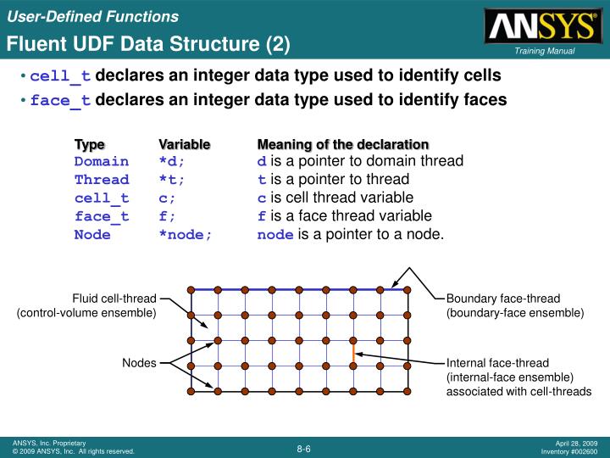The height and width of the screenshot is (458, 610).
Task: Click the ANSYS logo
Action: pos(540,26)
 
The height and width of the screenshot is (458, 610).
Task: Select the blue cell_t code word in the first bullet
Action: pos(60,76)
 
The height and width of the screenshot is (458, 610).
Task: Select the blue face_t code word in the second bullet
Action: pos(60,101)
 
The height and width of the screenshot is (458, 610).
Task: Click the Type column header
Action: pos(89,145)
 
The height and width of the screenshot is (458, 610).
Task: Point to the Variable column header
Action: pos(185,145)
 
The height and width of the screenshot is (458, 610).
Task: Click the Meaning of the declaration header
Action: pos(343,145)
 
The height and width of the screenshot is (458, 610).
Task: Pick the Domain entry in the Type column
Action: pos(102,162)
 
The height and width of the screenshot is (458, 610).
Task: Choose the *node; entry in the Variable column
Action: pos(186,235)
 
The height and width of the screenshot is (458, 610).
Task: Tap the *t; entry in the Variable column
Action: pos(171,181)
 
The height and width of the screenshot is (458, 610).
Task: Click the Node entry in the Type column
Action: pos(92,235)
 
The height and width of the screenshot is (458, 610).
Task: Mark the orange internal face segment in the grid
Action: pos(354,353)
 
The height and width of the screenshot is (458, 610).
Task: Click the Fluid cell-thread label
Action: pos(114,299)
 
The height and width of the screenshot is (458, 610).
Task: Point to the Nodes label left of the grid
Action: pos(139,363)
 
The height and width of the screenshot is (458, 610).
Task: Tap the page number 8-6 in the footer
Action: pos(304,448)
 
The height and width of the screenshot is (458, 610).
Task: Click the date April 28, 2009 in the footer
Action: pos(576,443)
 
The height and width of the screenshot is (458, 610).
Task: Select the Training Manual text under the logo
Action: pos(544,52)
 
